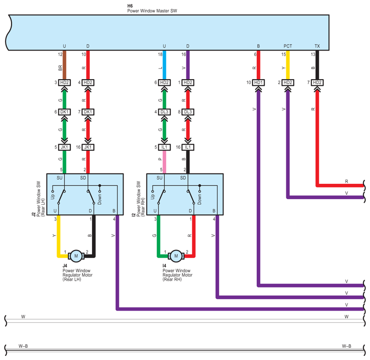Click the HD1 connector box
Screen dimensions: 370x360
click(x=259, y=82)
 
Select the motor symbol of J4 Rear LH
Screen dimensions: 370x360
click(x=76, y=256)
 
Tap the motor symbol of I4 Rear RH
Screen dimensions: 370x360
click(x=176, y=256)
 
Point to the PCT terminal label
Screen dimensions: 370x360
click(x=288, y=46)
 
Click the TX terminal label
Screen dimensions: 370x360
click(x=317, y=46)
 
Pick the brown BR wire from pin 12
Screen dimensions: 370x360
click(x=64, y=65)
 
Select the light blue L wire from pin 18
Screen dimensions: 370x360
click(x=164, y=65)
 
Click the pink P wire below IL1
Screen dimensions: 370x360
click(x=164, y=162)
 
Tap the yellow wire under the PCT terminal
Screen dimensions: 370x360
click(x=288, y=65)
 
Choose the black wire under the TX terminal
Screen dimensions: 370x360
click(x=317, y=65)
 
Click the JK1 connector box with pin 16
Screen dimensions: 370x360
click(x=88, y=147)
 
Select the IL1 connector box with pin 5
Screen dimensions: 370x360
click(x=164, y=147)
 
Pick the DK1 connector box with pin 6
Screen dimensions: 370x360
click(x=64, y=112)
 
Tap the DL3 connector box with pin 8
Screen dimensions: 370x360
click(x=188, y=112)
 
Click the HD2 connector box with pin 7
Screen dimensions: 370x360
click(x=317, y=82)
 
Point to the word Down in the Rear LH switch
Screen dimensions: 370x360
click(x=100, y=199)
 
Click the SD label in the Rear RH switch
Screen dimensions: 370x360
click(x=183, y=178)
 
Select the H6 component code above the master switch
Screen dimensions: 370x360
click(x=130, y=6)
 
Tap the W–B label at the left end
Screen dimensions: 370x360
click(x=23, y=346)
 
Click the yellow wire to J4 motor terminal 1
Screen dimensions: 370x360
click(x=59, y=236)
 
